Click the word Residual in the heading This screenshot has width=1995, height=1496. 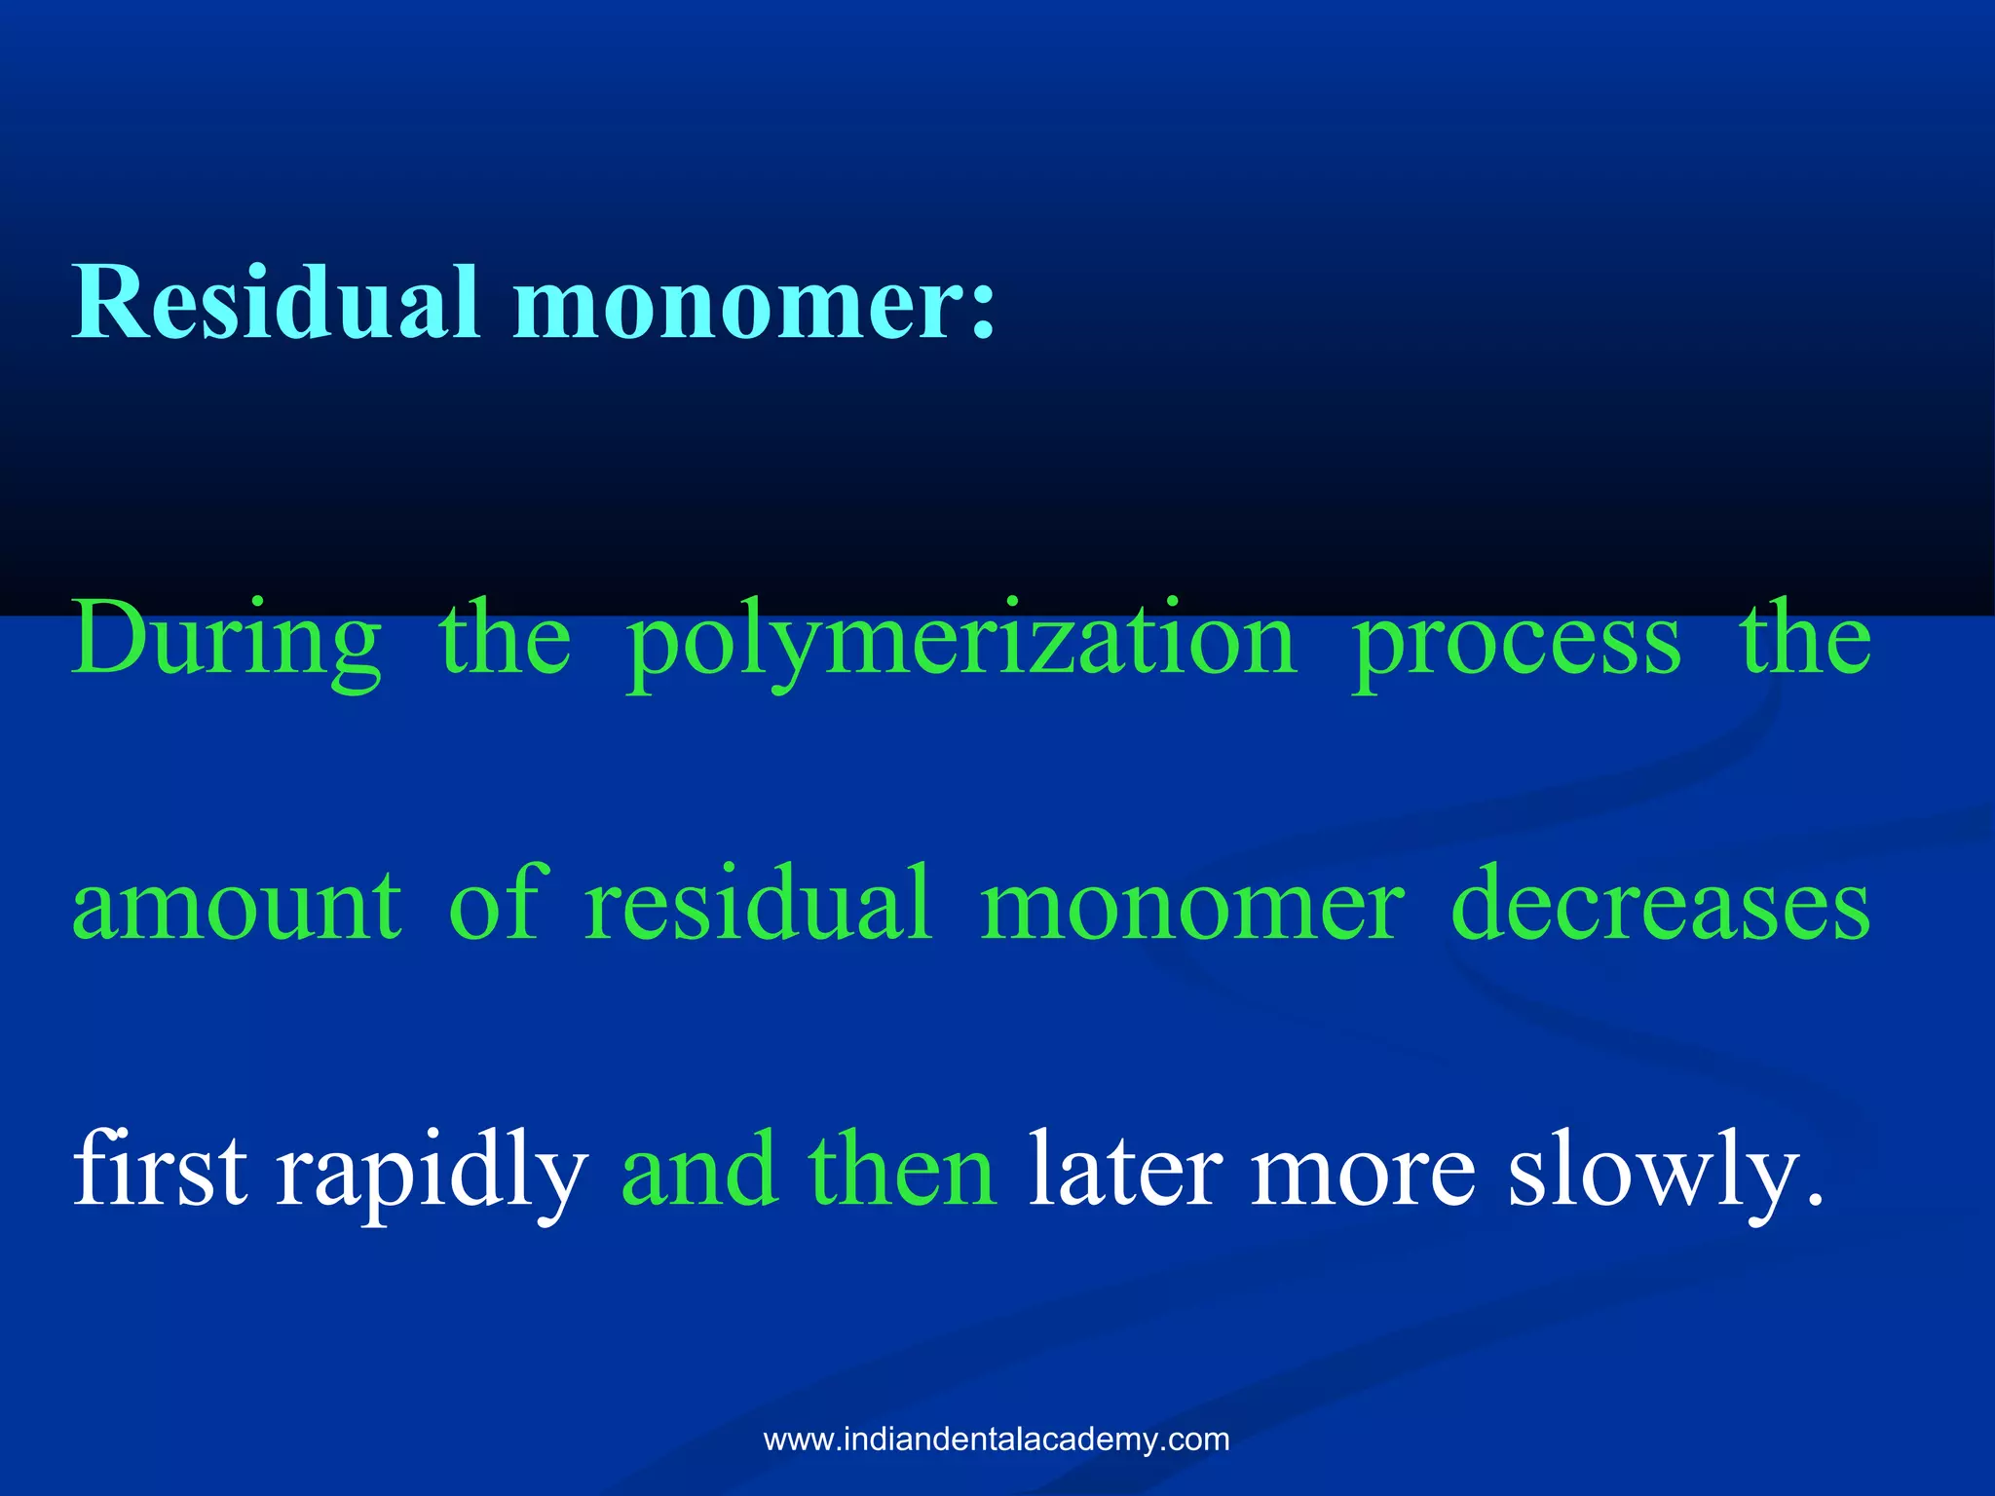click(x=276, y=303)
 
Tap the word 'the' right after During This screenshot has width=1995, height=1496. click(x=505, y=639)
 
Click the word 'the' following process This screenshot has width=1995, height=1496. click(x=1805, y=639)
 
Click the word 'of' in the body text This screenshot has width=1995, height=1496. click(x=492, y=903)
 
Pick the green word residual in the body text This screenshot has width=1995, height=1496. click(x=758, y=903)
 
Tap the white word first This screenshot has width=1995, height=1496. click(x=160, y=1169)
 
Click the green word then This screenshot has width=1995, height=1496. click(x=902, y=1169)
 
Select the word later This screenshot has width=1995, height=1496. click(x=1125, y=1169)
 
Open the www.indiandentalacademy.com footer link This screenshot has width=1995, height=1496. click(x=997, y=1440)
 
